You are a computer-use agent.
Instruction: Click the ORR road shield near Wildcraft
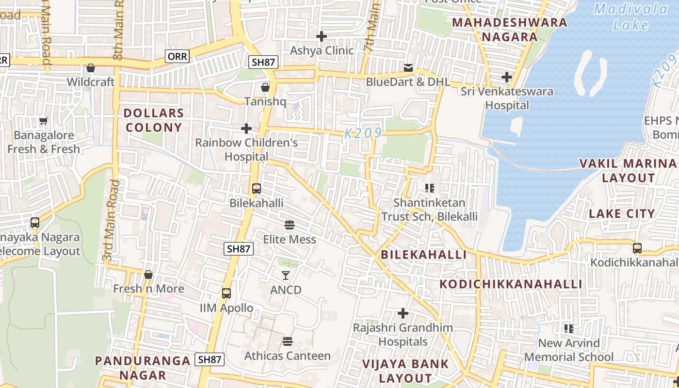coord(177,56)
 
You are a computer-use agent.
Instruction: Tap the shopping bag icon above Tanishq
coord(265,87)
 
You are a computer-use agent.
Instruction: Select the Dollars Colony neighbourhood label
coord(153,120)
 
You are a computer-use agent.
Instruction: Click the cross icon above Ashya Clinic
coord(321,36)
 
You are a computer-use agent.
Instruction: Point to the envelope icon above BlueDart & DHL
coord(408,67)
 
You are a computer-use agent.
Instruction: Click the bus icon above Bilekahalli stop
coord(257,189)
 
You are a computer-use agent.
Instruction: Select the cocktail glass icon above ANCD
coord(286,275)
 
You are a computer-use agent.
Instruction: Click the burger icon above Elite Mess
coord(290,225)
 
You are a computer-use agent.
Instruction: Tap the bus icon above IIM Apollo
coord(226,293)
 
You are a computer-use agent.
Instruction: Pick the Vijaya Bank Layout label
coord(405,371)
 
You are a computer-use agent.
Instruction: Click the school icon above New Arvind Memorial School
coord(569,329)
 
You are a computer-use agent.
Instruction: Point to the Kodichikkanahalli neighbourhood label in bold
coord(511,284)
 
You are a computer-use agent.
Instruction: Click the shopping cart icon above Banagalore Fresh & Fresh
coord(44,121)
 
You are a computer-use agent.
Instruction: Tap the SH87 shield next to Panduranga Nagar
coord(210,359)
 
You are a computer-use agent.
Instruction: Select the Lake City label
coord(621,213)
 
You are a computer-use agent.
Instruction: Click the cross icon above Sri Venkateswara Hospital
coord(507,77)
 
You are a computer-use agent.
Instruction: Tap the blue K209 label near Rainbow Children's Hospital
coord(363,133)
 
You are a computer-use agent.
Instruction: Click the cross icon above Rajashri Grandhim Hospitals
coord(403,313)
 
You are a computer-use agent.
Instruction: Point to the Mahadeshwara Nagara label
coord(509,30)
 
